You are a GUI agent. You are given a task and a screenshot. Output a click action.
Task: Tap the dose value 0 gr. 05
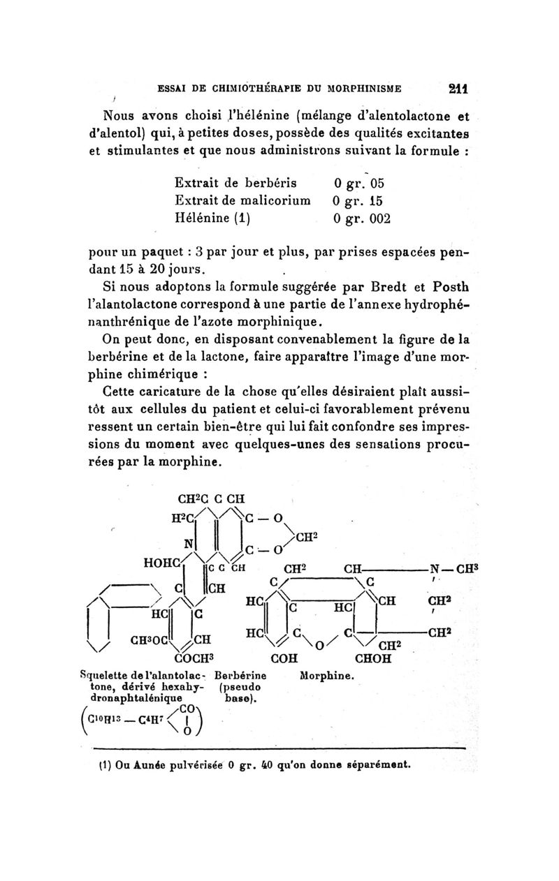[x=359, y=184]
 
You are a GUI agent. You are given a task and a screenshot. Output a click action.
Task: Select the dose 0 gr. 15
[x=359, y=201]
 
